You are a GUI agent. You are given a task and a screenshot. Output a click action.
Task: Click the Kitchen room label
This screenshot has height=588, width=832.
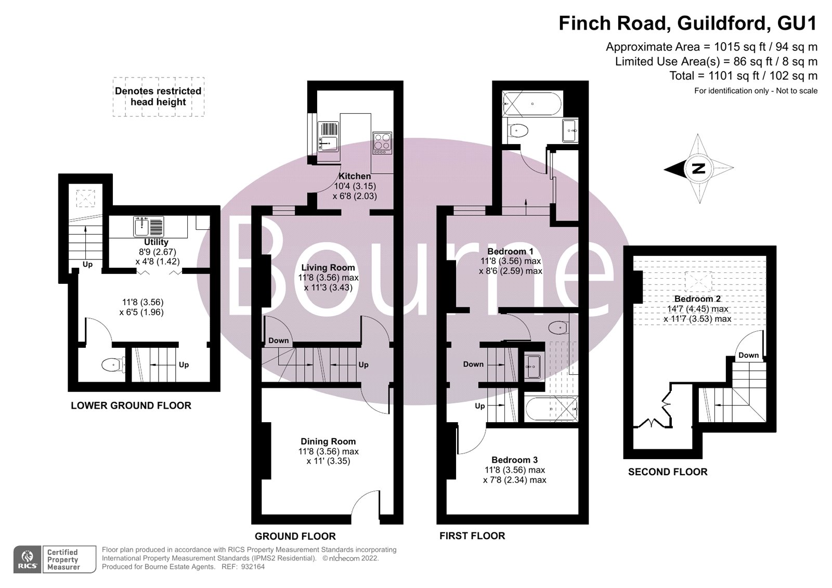coord(355,176)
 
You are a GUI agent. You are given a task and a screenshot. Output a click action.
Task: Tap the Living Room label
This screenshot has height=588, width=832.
coord(328,268)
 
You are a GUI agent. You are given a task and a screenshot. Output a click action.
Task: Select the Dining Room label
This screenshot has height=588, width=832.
coord(328,442)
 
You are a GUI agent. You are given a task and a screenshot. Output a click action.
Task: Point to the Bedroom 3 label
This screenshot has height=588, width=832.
coord(514,460)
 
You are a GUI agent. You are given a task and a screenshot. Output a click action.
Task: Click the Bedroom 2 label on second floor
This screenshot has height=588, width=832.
coord(697,299)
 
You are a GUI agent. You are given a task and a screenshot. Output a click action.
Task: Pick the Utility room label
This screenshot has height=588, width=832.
coord(156,242)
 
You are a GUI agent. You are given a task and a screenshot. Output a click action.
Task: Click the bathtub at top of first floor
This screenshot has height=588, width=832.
coord(532,104)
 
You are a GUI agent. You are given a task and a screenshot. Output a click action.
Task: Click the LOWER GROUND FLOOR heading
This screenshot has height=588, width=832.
coord(131,406)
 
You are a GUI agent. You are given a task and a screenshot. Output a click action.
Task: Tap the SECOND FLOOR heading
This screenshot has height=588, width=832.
coord(668,472)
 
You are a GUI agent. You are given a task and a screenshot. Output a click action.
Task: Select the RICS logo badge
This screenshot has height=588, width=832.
coord(28,559)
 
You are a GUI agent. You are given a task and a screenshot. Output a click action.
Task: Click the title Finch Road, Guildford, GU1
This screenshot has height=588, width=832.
coord(687,23)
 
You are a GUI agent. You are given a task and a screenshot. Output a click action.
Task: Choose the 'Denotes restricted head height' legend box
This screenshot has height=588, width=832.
coord(158,97)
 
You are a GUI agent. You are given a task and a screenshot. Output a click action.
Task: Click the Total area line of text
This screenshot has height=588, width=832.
coord(743,76)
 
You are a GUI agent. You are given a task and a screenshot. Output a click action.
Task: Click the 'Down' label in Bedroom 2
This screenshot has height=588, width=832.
coord(748,355)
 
